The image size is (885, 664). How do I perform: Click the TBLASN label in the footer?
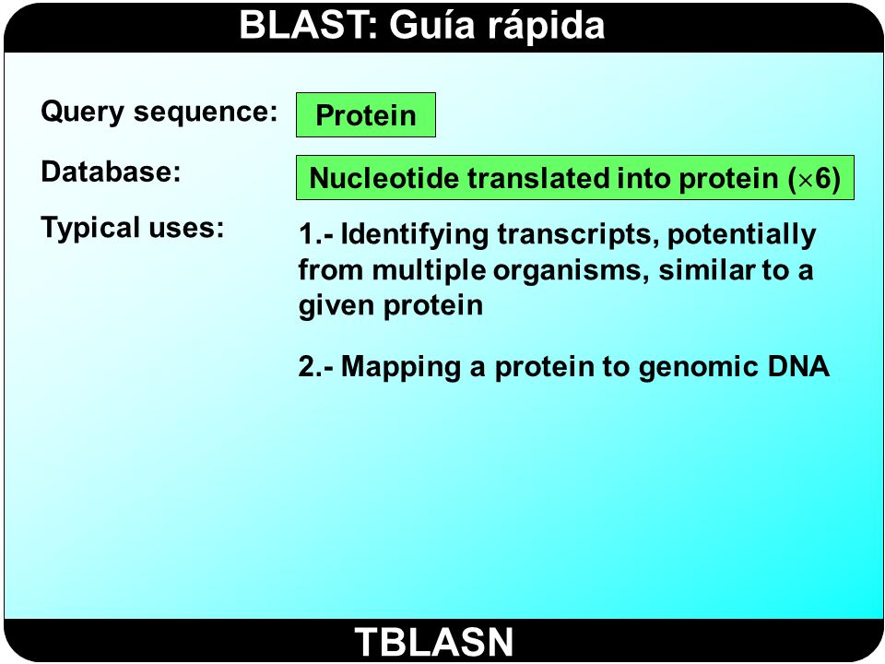pyautogui.click(x=434, y=642)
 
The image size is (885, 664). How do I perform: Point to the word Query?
pyautogui.click(x=82, y=112)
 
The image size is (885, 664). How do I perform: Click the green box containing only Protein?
pyautogui.click(x=366, y=114)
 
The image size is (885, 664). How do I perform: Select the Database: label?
pyautogui.click(x=111, y=172)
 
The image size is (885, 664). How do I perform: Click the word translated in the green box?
pyautogui.click(x=537, y=178)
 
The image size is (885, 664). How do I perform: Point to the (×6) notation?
pyautogui.click(x=814, y=178)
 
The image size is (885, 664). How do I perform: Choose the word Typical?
pyautogui.click(x=90, y=228)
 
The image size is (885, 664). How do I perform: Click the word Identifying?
pyautogui.click(x=415, y=234)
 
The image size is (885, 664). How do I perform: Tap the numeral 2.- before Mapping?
pyautogui.click(x=316, y=366)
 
